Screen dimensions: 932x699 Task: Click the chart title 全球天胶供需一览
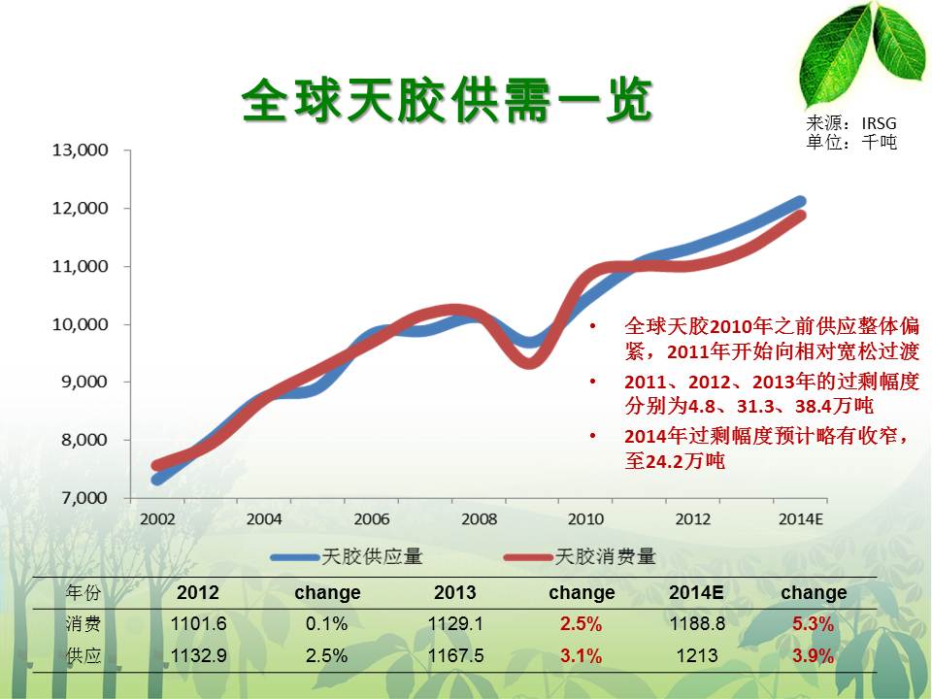(x=447, y=100)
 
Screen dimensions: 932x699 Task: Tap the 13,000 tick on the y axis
(x=81, y=150)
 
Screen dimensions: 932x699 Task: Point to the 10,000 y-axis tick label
(x=81, y=324)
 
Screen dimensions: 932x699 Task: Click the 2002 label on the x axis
(x=157, y=519)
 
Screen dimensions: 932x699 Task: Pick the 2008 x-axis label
(x=479, y=519)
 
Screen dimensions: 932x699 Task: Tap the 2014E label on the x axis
(x=801, y=519)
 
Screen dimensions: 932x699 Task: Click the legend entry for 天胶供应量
(x=347, y=557)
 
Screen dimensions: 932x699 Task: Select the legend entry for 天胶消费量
(x=580, y=557)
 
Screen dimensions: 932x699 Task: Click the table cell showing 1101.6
(x=198, y=623)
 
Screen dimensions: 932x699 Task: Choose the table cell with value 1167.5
(x=455, y=655)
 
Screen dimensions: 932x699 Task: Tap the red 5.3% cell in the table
(x=814, y=624)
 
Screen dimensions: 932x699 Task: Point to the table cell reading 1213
(x=697, y=655)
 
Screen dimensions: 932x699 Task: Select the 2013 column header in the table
(x=454, y=592)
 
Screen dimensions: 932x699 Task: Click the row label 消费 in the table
(x=83, y=623)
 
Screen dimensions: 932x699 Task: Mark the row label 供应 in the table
(x=83, y=655)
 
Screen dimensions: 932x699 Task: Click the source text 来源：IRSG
(x=851, y=123)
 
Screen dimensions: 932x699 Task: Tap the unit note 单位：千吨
(x=851, y=142)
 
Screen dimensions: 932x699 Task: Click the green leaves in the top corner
(x=862, y=55)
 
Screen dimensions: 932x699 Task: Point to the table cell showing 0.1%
(x=327, y=623)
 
